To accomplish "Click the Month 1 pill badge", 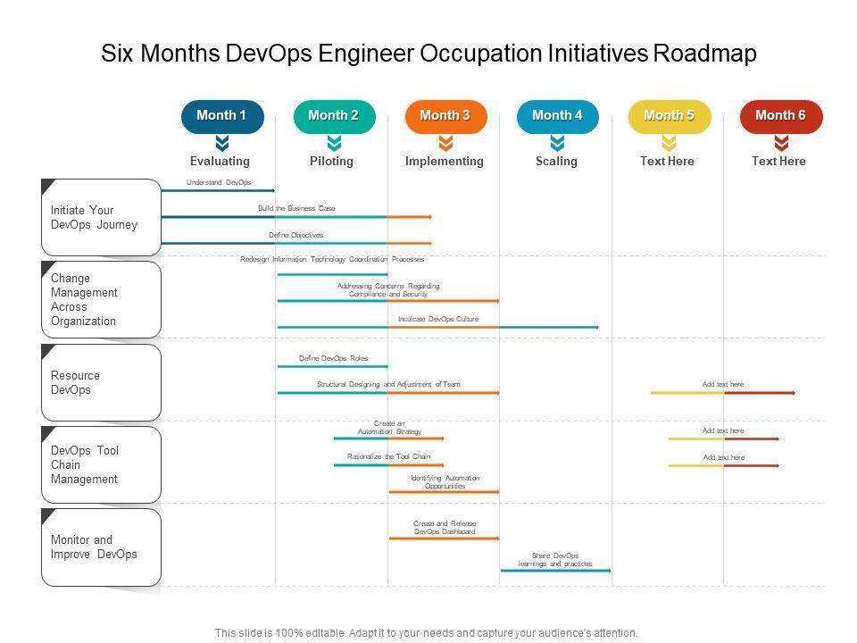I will (x=222, y=116).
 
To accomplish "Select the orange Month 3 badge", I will (x=445, y=116).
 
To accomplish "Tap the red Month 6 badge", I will (x=780, y=116).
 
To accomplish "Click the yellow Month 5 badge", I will (x=669, y=116).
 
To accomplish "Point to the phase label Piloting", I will (x=331, y=162).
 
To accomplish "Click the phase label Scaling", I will (x=556, y=162).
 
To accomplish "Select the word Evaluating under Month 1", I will (x=220, y=162).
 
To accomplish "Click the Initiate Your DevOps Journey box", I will (x=101, y=218).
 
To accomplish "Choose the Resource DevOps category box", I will (x=101, y=383).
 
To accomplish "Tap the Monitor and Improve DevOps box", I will (x=101, y=547).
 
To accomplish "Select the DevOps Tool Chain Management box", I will (x=101, y=465).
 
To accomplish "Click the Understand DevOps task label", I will (x=219, y=183).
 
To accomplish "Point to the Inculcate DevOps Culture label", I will (x=438, y=319).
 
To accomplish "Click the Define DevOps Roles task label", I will (x=333, y=358).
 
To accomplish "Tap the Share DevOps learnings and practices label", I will (x=555, y=560).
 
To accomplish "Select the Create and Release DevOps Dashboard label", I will (x=445, y=528).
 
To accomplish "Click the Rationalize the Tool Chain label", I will (x=388, y=456).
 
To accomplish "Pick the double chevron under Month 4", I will (x=557, y=143).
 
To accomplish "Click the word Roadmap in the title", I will (x=705, y=54).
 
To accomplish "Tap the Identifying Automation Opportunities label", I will (x=445, y=482).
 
